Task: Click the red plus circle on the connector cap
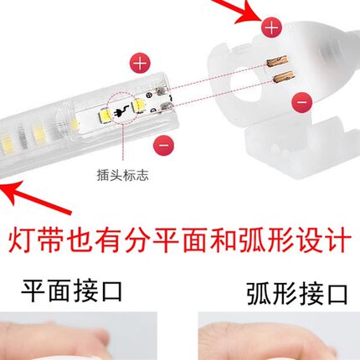click(x=270, y=28)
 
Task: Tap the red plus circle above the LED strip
click(x=141, y=61)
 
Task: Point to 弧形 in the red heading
click(x=259, y=243)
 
